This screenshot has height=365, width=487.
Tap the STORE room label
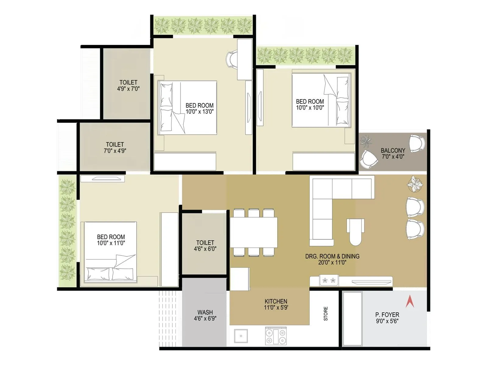click(x=326, y=314)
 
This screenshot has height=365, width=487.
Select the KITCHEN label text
click(x=276, y=301)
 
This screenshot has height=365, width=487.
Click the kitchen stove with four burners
click(x=276, y=336)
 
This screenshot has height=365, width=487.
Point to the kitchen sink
click(x=241, y=336)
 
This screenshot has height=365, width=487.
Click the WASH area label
click(x=205, y=312)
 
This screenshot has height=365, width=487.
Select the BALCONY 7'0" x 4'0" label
click(x=393, y=154)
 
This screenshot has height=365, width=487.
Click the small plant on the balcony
click(x=366, y=141)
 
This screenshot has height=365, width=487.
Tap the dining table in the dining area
click(x=254, y=232)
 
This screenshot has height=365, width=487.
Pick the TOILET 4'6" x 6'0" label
click(x=205, y=245)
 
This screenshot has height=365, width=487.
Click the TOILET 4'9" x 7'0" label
click(x=128, y=85)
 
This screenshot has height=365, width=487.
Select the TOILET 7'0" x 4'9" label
click(x=115, y=148)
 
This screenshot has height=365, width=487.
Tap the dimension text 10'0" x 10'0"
click(x=310, y=108)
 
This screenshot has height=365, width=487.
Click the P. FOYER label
click(x=387, y=315)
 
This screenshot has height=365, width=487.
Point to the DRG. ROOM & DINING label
click(x=332, y=256)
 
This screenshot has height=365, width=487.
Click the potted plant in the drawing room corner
click(x=415, y=184)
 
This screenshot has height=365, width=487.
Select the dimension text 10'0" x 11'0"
click(x=111, y=243)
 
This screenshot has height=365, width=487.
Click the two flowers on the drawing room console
click(x=329, y=280)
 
